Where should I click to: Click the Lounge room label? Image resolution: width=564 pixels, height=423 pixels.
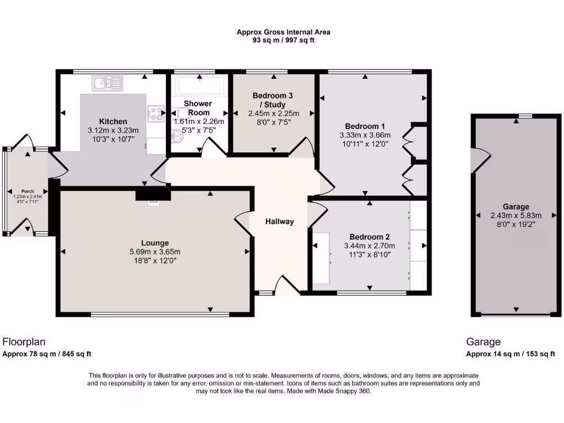pos(154,243)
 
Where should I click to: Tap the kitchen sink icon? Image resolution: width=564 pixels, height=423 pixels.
pos(107,83)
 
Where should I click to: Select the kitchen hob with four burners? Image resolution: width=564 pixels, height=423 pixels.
pos(156,113)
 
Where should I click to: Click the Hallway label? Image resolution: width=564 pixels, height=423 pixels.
pos(280,221)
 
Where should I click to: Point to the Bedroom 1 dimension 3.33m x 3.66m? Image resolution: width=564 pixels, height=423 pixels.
pos(366,135)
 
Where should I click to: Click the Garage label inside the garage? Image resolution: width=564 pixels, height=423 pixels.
pos(516,207)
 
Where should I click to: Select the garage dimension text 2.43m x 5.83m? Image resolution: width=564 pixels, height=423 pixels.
pos(516,215)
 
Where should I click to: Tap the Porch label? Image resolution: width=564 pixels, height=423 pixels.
pos(28,191)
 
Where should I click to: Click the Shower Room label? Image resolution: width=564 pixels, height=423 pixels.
pos(198,108)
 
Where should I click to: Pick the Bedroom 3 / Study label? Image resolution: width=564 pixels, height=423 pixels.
pos(273,100)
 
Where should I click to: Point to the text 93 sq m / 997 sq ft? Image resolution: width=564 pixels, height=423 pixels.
pos(283,40)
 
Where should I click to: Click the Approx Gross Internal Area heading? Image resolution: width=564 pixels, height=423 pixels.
pos(283,32)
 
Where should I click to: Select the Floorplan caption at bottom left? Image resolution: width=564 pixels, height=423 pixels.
pos(24,341)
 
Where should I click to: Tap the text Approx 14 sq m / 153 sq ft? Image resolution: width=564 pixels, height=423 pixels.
pos(511,354)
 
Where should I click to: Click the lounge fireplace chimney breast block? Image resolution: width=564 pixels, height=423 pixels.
pos(153,193)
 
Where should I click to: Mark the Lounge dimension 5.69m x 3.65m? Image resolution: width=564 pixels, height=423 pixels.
pos(154,252)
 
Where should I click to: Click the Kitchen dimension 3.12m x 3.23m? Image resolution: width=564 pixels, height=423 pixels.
pos(113,131)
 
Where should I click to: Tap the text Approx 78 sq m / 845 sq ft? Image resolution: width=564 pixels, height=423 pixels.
pos(47,354)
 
